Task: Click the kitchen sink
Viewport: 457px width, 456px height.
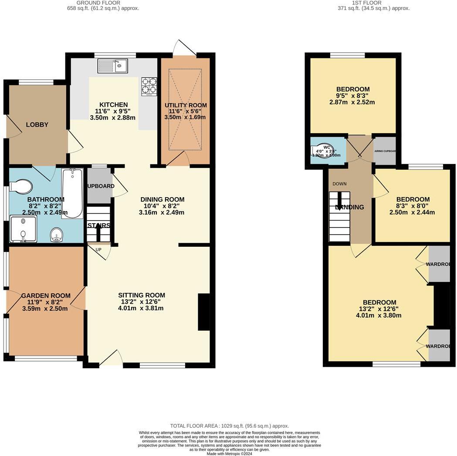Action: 112,66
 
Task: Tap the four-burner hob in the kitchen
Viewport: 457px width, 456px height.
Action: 149,86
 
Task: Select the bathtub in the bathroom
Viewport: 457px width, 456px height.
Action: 72,193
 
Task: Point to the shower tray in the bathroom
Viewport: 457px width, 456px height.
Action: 23,229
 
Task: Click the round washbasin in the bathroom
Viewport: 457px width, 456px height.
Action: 57,235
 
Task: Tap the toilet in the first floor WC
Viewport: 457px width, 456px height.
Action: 323,151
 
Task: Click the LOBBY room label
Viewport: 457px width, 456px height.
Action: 37,125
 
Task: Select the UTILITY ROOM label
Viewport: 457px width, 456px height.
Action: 186,105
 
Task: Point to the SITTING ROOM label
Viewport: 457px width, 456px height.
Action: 142,295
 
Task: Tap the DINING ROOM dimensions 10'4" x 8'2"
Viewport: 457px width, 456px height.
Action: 162,206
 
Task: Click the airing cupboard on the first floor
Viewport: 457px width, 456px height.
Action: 385,151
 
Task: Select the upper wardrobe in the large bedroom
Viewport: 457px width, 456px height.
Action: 439,264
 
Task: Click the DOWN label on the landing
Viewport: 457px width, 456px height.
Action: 339,184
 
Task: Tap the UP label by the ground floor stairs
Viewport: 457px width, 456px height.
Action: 98,250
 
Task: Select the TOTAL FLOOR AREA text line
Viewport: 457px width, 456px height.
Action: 229,426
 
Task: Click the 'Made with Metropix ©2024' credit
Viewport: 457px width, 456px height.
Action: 229,453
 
